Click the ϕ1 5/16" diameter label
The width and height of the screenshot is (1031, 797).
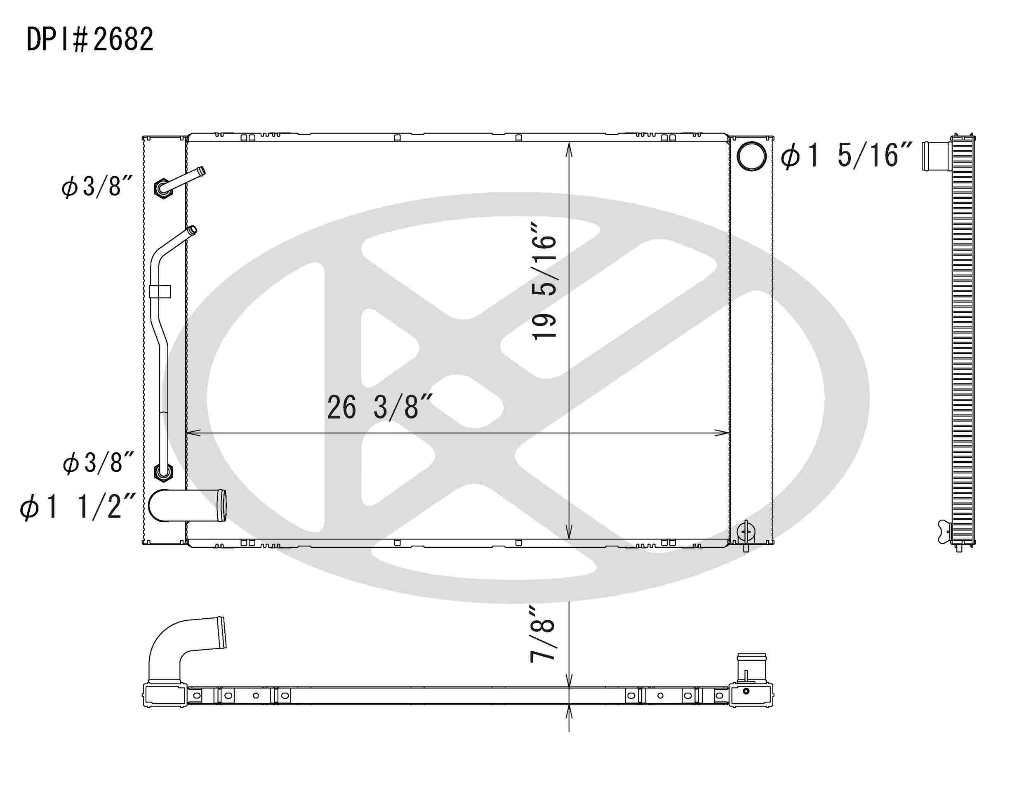(845, 156)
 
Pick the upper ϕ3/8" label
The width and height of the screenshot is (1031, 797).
(97, 187)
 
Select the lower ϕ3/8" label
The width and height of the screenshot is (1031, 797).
(98, 463)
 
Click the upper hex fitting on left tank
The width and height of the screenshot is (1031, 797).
(162, 189)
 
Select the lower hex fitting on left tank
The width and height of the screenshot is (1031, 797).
(163, 472)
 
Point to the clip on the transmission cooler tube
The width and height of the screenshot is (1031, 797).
(160, 291)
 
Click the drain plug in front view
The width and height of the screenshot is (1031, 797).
(746, 532)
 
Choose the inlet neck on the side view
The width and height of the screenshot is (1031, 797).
(935, 156)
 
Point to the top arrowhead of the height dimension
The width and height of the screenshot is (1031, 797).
(569, 149)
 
